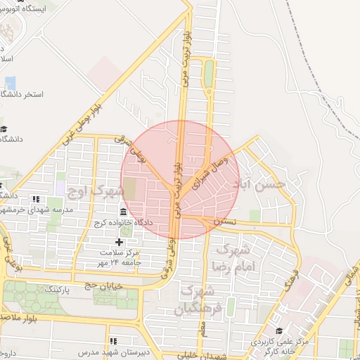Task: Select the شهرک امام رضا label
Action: pyautogui.click(x=233, y=258)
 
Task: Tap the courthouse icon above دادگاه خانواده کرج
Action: pyautogui.click(x=124, y=212)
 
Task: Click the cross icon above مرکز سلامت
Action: pyautogui.click(x=129, y=242)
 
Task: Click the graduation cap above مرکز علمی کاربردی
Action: pyautogui.click(x=279, y=330)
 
